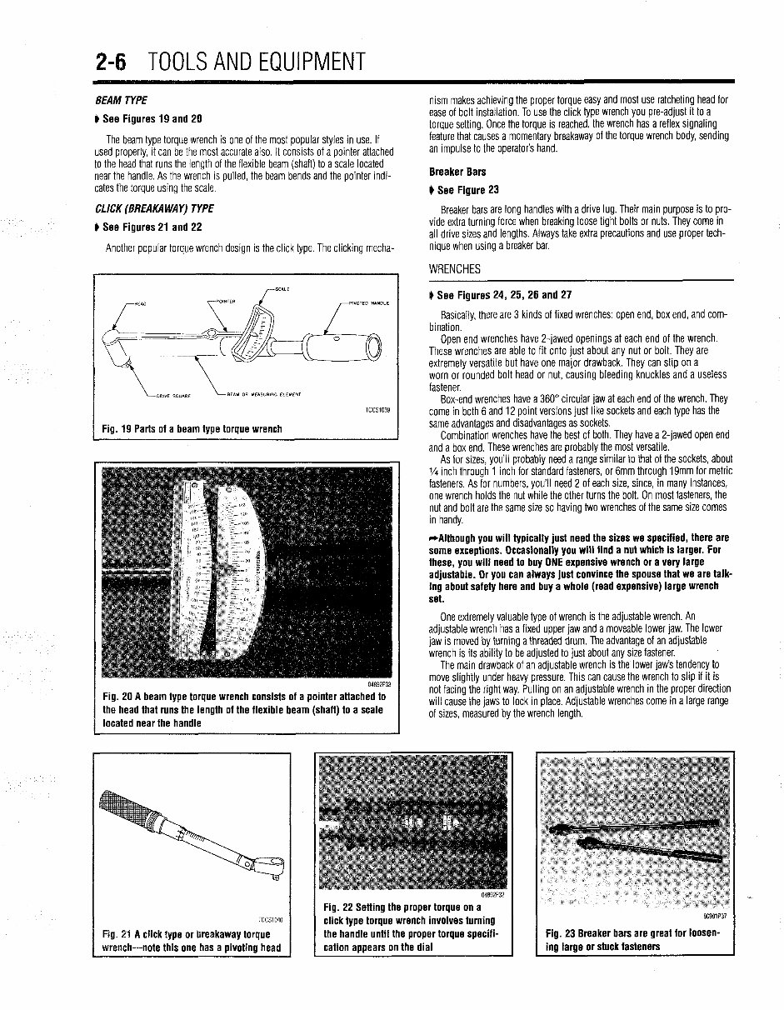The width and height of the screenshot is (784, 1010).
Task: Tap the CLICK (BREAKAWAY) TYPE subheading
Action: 155,208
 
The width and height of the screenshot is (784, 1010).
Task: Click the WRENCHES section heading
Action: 456,270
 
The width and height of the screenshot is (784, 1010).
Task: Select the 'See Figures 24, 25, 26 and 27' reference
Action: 501,295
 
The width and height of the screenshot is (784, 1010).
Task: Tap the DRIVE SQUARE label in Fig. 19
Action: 172,395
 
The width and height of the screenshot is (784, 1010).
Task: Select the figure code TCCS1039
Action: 377,410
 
